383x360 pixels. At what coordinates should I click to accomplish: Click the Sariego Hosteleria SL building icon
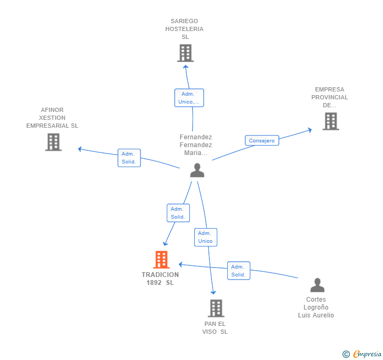click(185, 53)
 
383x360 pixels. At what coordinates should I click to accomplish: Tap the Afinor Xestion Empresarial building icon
click(53, 142)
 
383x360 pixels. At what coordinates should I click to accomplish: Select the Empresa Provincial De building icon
click(330, 121)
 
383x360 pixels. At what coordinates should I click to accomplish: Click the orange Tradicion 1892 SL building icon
click(162, 260)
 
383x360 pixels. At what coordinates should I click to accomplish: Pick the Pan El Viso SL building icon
click(216, 308)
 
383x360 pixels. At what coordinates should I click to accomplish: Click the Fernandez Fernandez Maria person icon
click(197, 170)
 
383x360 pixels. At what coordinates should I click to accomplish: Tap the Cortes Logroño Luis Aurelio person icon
click(317, 285)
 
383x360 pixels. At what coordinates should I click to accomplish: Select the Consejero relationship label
click(261, 140)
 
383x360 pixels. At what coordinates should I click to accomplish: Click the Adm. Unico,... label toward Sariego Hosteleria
click(189, 98)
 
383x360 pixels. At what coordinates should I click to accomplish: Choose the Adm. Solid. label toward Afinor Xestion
click(129, 158)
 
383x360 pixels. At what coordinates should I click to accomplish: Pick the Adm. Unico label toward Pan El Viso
click(205, 237)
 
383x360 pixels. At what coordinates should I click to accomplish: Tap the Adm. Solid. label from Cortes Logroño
click(238, 271)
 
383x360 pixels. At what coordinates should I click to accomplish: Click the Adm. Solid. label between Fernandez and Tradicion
click(178, 213)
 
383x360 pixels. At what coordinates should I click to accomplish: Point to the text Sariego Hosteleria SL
click(185, 29)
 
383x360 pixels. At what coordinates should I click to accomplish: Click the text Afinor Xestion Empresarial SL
click(52, 118)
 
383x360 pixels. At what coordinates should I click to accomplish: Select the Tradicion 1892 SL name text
click(160, 279)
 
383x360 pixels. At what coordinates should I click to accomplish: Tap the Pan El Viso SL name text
click(215, 327)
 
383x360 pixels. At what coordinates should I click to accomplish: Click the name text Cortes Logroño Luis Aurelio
click(316, 307)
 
